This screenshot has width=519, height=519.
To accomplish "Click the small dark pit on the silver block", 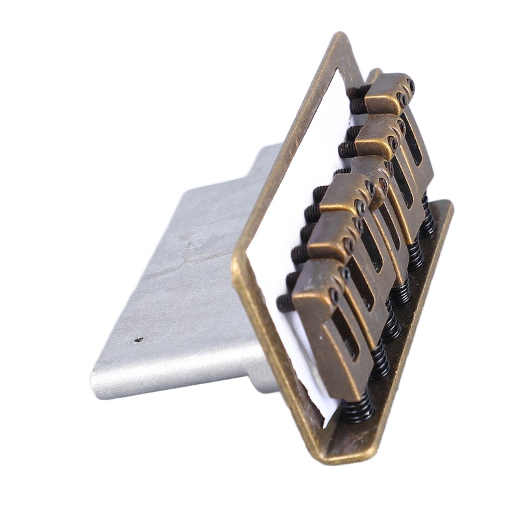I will coord(138,339).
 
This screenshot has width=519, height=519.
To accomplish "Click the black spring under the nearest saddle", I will coord(359,406).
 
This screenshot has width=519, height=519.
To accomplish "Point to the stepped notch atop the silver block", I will coord(259,156).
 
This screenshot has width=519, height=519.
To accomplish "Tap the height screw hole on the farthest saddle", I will coord(402,101).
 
